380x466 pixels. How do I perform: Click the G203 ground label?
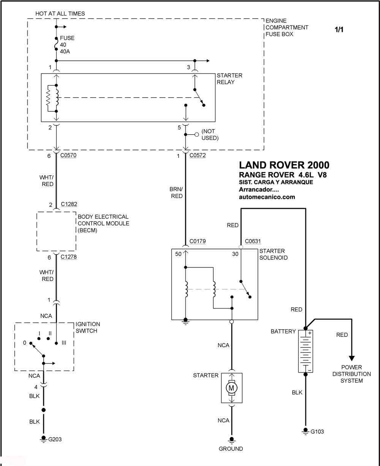[x=55, y=439]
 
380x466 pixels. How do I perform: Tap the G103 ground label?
[x=317, y=432]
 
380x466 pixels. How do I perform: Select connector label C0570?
[x=68, y=155]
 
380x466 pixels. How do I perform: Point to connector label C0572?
[x=198, y=155]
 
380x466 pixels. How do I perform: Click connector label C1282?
[x=69, y=204]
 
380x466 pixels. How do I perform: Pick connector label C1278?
[x=68, y=257]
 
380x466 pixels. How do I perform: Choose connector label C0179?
[x=198, y=241]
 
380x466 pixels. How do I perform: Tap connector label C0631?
[x=253, y=241]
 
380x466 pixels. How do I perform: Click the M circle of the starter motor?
[x=231, y=388]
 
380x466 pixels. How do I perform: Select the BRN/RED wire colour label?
[x=176, y=193]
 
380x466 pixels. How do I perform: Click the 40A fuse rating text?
[x=65, y=51]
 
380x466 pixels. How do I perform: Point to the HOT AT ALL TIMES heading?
[x=60, y=14]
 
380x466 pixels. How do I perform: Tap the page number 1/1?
[x=339, y=30]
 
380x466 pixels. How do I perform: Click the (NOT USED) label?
[x=210, y=134]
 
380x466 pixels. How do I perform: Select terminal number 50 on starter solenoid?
[x=178, y=254]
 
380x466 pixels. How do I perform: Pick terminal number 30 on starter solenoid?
[x=235, y=254]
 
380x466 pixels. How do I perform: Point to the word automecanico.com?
[x=267, y=197]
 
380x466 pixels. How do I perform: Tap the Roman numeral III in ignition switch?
[x=64, y=343]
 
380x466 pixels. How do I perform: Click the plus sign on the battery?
[x=310, y=333]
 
